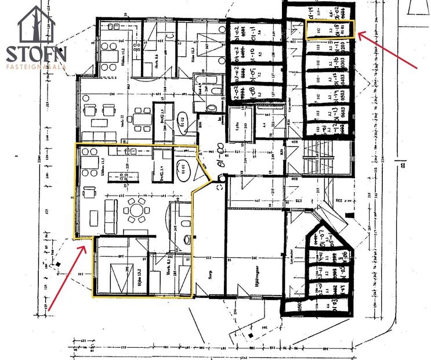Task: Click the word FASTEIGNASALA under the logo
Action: pyautogui.click(x=36, y=66)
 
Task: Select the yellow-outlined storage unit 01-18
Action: pyautogui.click(x=329, y=29)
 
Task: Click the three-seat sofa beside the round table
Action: pyautogui.click(x=110, y=213)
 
